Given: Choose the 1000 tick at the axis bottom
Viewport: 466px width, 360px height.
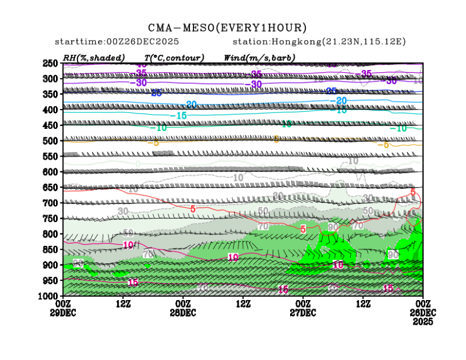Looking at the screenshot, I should [x=49, y=296].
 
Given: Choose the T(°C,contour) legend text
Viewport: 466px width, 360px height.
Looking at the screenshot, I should [x=174, y=58].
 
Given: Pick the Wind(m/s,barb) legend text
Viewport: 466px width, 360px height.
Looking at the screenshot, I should [x=260, y=58].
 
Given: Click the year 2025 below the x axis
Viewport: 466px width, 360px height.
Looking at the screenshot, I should [x=422, y=321].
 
